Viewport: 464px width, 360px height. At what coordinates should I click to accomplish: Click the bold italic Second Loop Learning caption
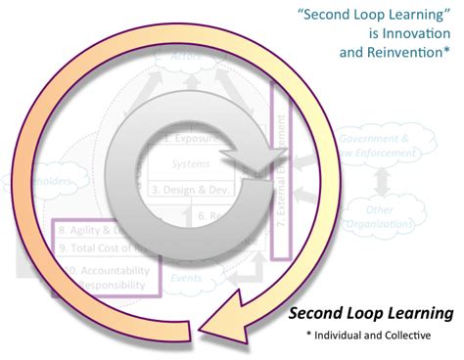371,314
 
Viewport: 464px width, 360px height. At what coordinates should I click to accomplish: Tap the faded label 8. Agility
82,230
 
